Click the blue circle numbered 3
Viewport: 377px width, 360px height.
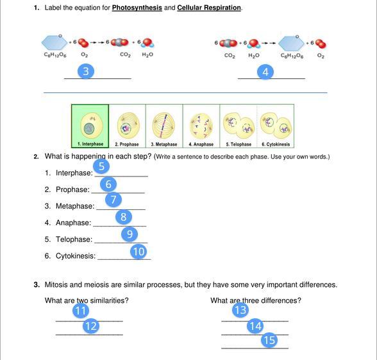point(86,71)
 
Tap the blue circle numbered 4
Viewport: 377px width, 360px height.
point(265,72)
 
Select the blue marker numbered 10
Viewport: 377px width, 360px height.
point(138,252)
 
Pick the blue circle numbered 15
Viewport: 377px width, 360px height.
point(269,340)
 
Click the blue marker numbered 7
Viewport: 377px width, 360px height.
point(113,200)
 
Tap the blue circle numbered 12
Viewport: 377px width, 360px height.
point(91,326)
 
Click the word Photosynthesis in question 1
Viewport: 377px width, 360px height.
point(137,8)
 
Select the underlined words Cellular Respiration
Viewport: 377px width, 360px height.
point(209,8)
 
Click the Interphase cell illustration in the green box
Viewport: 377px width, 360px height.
point(91,126)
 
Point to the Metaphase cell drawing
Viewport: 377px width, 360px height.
point(163,126)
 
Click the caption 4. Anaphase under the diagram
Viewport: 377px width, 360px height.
point(201,144)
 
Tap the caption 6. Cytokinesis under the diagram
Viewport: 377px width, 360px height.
point(276,144)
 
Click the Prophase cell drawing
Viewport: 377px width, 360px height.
point(128,126)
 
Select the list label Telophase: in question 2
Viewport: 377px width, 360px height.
point(74,239)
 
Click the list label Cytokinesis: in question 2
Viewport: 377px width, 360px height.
point(76,256)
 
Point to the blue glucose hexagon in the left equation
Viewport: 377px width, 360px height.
point(54,42)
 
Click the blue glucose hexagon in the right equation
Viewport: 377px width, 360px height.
point(291,44)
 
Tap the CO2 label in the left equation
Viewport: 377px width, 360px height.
point(125,55)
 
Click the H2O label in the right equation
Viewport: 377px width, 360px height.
point(254,56)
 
